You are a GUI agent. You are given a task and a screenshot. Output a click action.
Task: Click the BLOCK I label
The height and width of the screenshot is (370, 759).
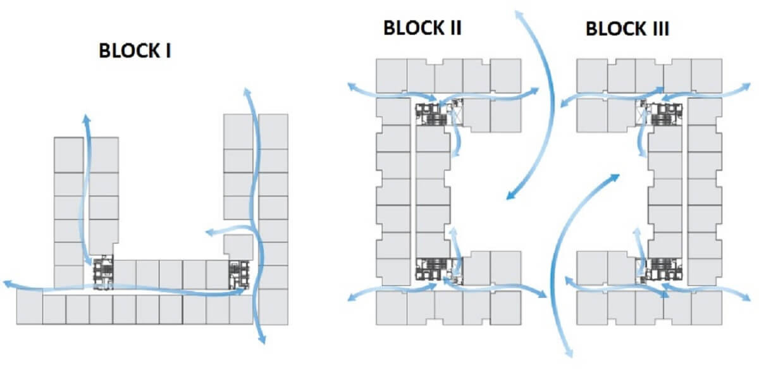(135, 51)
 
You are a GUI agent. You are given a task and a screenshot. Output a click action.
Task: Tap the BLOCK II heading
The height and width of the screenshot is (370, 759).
(422, 28)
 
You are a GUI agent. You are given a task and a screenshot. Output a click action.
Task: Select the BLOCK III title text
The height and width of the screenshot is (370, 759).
(627, 29)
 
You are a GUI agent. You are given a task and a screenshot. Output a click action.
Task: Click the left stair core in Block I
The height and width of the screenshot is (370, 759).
(102, 273)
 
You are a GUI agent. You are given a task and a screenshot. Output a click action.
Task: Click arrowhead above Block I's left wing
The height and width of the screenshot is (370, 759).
(87, 118)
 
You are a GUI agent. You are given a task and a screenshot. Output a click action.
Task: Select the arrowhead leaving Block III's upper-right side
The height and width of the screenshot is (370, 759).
(748, 85)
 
